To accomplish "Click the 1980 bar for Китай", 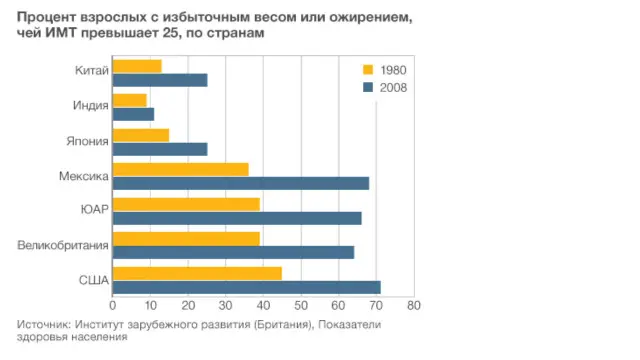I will [137, 66].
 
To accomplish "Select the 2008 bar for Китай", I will [160, 80].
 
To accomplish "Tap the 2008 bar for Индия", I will [133, 114].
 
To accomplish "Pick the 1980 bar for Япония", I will [141, 135].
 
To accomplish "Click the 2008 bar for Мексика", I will [241, 183].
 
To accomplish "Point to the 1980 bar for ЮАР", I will [186, 204].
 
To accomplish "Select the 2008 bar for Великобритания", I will [233, 252].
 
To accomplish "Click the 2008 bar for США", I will [246, 287].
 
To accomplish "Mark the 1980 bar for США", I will [197, 273].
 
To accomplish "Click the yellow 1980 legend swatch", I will [367, 70].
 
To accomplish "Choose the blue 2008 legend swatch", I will [367, 87].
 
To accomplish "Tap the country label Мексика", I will [83, 176].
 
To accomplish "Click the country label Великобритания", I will [63, 245].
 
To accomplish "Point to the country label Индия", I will [90, 107].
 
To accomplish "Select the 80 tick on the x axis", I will [413, 306].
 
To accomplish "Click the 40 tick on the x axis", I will [263, 306].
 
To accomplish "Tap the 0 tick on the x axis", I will [113, 306].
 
